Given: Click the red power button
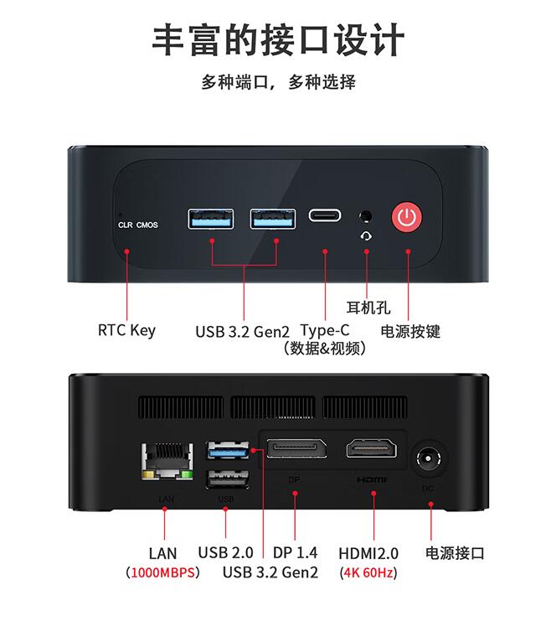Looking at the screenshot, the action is pos(406,217).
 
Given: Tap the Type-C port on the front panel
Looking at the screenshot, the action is pos(325,215).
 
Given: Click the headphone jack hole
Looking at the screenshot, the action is pos(365,216).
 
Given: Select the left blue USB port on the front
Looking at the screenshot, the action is pos(210,219).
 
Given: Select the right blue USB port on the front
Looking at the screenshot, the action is pos(273,219).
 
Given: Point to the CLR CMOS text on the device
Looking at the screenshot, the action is pos(137,225).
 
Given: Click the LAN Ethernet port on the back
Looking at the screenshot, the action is pos(167,462).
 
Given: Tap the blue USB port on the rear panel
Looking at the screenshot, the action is pos(228,450).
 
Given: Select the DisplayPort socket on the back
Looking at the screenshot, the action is pos(297,448).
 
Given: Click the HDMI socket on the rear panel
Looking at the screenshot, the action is pos(371,448).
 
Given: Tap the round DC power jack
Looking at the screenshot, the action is pos(429,458).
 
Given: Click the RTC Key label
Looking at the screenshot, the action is pos(126,330).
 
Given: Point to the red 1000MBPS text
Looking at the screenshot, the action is pos(162,572).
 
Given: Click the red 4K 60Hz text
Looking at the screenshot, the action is pos(368,572).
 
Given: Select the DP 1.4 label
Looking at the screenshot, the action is pos(296,552).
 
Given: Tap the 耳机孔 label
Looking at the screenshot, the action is pos(368,308).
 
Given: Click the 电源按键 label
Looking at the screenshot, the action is pos(410,332).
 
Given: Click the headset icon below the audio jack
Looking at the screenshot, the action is pos(366,236).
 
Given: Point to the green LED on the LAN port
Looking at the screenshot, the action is pos(188,475).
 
